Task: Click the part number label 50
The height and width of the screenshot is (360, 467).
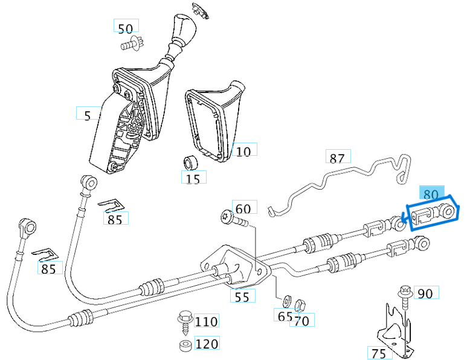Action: pos(126,28)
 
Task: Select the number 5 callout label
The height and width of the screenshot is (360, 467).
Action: pos(88,115)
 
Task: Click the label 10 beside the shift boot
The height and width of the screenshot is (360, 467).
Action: pos(243,151)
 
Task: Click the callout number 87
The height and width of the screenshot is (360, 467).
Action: pos(337,158)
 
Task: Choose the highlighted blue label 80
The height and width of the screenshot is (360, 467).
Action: pos(431,194)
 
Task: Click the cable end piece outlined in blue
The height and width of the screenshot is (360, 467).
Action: pos(432,216)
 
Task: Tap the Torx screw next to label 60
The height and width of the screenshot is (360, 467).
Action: pos(233,219)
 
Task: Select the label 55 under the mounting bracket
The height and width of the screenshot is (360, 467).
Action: pos(242,296)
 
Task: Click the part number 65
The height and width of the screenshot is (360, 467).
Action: pos(283,316)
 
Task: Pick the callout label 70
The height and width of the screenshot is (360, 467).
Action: pos(301,321)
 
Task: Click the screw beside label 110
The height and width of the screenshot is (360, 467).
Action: pos(183,320)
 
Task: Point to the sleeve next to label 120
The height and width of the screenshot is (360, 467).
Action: pos(185,345)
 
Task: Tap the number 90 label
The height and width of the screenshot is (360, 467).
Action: pos(425,294)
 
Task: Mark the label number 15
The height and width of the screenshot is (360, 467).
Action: pos(193,178)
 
